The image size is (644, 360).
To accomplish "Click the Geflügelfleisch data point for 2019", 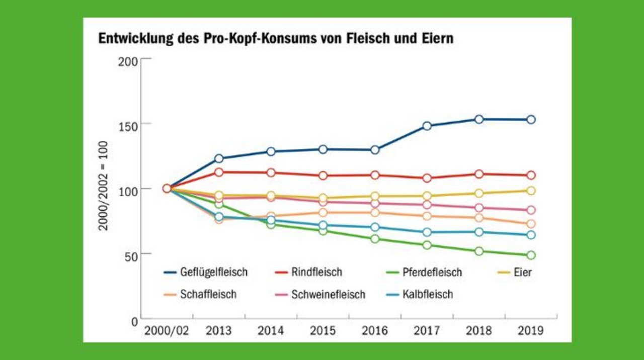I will (531, 120).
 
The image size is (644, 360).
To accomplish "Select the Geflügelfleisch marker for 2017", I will (427, 126).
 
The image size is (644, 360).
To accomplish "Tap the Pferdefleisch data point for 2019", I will (531, 255).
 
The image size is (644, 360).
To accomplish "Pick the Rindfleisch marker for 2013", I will (219, 172).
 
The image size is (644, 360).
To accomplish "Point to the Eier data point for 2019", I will (531, 191).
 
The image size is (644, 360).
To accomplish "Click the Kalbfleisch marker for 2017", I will (427, 232).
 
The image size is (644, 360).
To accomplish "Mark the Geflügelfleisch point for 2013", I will (219, 158).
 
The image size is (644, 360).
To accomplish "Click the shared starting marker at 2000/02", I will (167, 189).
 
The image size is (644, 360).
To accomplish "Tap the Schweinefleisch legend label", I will (328, 294).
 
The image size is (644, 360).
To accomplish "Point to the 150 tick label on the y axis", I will (128, 124).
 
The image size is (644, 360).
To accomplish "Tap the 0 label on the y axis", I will (134, 321).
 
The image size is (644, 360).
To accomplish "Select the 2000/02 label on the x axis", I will (167, 331).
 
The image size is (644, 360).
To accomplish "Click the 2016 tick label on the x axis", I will (375, 331).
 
